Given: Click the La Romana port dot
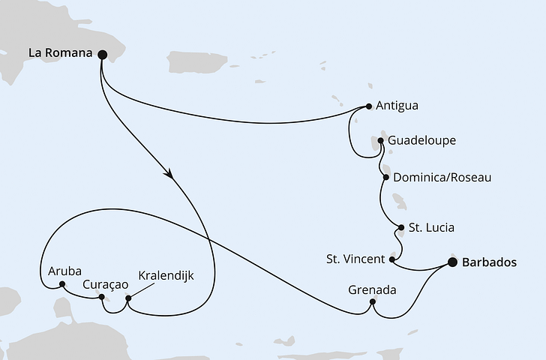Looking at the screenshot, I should coord(102,54).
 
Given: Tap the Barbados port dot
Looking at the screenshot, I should coord(452,262).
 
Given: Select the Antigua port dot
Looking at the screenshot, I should coord(369,106).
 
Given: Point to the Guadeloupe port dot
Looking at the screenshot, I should coord(380,140).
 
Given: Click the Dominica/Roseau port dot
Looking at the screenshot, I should coord(385,178).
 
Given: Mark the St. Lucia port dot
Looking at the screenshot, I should coord(401,227).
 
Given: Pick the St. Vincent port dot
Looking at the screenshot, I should coord(392,259).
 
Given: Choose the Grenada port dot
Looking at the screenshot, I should coord(372,304).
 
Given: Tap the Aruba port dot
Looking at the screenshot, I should coord(52,284).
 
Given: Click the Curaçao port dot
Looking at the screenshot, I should coord(101,297).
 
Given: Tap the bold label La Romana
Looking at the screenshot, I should coord(61,53).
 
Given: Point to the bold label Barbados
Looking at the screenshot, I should coord(490,262).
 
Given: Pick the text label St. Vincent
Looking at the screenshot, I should coord(355,259).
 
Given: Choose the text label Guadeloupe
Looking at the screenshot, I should coord(421,140).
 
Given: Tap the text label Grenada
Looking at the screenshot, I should coord(373,289).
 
